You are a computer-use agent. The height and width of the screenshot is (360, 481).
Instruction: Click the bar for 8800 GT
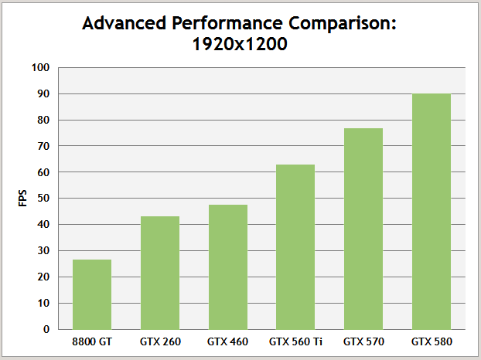click(92, 294)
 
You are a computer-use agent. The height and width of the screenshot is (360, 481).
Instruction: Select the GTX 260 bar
click(160, 273)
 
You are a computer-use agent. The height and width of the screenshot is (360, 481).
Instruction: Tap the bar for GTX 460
click(228, 267)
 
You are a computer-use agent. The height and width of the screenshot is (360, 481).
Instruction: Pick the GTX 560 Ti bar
click(295, 246)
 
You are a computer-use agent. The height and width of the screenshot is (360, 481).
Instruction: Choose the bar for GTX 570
click(363, 229)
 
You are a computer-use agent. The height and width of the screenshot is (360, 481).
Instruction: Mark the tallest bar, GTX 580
click(432, 212)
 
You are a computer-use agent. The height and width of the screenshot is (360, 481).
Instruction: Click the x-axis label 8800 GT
click(92, 341)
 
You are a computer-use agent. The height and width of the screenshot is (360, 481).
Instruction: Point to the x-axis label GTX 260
click(160, 341)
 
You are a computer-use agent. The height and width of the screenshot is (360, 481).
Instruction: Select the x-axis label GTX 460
click(228, 341)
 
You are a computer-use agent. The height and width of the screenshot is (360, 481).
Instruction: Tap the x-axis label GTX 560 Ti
click(295, 341)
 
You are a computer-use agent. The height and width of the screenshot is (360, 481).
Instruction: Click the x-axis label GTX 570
click(363, 341)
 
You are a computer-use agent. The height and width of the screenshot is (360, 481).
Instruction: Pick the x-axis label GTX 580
click(432, 341)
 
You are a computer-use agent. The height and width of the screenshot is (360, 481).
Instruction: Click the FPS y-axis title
click(22, 198)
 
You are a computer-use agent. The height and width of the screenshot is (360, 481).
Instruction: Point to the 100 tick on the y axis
click(42, 68)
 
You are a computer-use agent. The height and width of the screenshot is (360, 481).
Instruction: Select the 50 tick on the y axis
click(44, 199)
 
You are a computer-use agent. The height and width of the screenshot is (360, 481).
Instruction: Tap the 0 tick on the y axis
click(46, 329)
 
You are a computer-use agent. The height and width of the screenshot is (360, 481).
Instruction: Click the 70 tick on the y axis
click(44, 146)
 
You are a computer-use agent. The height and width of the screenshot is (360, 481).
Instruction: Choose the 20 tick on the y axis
click(44, 277)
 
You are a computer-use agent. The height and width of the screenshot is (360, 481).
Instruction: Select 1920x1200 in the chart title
click(240, 45)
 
